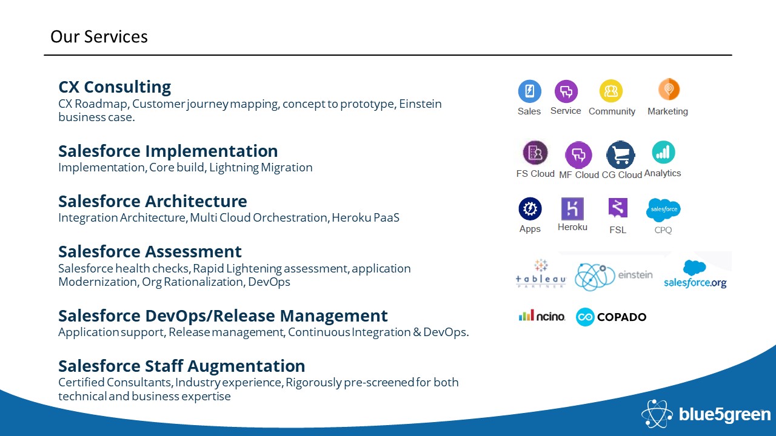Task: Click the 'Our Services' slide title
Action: [99, 37]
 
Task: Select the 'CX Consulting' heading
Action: [115, 87]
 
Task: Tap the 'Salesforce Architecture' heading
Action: [153, 201]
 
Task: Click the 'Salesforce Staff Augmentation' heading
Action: [181, 366]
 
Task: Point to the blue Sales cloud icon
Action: [529, 91]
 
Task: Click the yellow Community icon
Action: [610, 91]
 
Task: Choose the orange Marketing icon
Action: [669, 89]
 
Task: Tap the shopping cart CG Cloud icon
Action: [621, 154]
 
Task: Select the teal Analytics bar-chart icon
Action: [663, 152]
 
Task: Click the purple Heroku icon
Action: [572, 209]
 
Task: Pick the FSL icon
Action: [618, 208]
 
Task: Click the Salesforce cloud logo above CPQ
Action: [663, 210]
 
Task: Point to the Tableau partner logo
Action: [541, 274]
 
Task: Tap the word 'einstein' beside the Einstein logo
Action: [635, 275]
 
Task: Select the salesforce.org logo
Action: [695, 274]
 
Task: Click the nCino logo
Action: [542, 315]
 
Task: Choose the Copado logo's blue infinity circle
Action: [585, 317]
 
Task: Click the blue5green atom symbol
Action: [657, 414]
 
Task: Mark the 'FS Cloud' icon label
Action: [535, 174]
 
